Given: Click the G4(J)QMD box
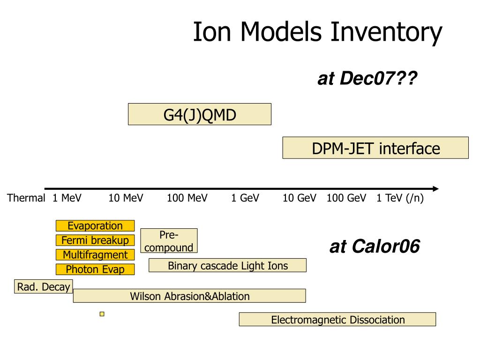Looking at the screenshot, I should [x=199, y=114].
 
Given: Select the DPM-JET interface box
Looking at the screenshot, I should [x=375, y=148].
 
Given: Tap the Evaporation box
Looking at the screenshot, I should [x=95, y=226].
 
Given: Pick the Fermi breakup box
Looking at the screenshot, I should [x=95, y=240].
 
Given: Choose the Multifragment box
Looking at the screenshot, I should [x=95, y=255].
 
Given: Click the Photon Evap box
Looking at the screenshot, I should [x=95, y=270].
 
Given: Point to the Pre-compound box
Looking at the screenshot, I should [x=169, y=241].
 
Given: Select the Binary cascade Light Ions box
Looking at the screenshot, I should [x=227, y=266].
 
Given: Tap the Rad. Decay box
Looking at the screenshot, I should [x=43, y=287].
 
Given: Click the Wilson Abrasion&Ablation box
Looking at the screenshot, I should [x=189, y=296].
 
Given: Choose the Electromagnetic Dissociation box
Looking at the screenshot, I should [x=337, y=320].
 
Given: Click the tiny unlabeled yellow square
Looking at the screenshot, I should [x=102, y=314].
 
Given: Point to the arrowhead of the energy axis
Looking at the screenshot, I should [x=436, y=189].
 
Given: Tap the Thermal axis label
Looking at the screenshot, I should [x=26, y=198].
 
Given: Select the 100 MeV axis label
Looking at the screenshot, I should [x=187, y=198].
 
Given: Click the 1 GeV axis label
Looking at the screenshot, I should [x=245, y=198].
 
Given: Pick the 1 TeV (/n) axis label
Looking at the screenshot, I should [x=400, y=198].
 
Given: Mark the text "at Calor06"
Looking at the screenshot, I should [x=375, y=247].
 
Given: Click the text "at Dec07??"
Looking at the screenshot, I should [x=367, y=79].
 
